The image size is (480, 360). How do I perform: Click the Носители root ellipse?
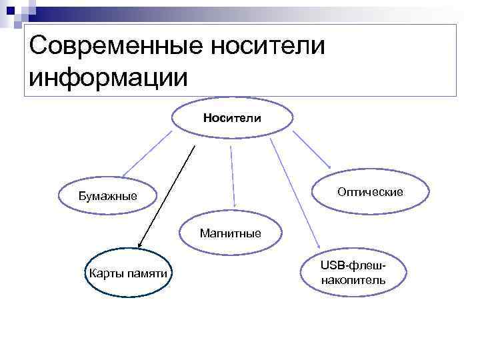coord(232,118)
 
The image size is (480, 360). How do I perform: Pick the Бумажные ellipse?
coord(107,196)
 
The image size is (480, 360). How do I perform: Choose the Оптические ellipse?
coord(370,192)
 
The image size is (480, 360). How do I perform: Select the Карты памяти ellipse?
coord(127,273)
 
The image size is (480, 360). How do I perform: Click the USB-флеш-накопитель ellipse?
coord(353,273)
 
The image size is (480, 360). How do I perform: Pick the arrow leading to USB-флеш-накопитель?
coord(294,194)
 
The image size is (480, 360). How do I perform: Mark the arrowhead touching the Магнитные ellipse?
coord(234,206)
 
